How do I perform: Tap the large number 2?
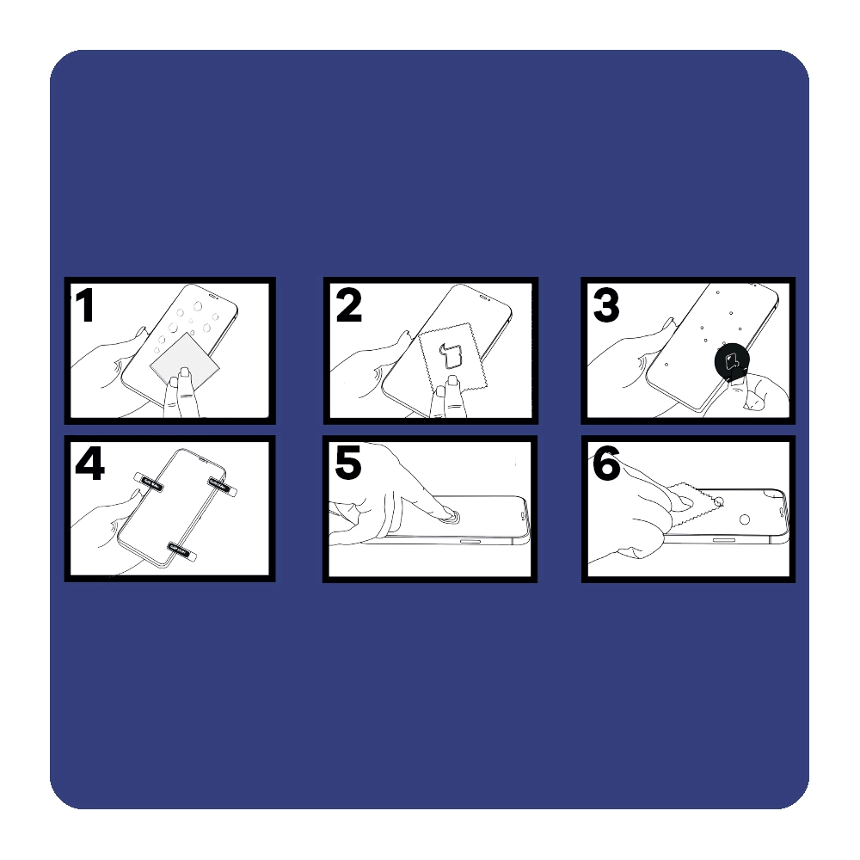tap(349, 305)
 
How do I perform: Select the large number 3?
tap(606, 305)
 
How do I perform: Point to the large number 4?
tap(89, 464)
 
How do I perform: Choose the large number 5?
tap(347, 463)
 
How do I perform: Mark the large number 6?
tap(606, 463)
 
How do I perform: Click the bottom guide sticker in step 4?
tap(182, 550)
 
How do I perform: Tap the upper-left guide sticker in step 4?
tap(148, 481)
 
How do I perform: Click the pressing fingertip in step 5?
tap(449, 513)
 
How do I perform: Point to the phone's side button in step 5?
tap(469, 542)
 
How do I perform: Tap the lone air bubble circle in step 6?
tap(744, 519)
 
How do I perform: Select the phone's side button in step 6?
tap(724, 540)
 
